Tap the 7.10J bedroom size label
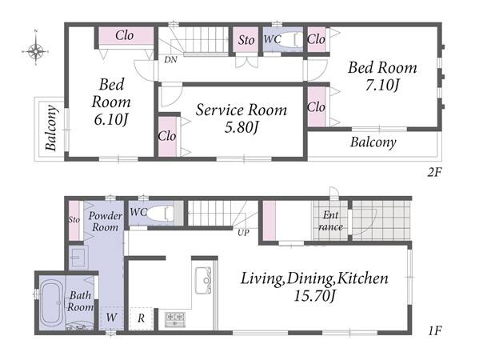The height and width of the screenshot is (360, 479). click(x=382, y=85)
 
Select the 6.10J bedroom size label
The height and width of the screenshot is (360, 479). click(x=110, y=119)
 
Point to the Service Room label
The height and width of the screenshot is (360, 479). click(x=241, y=110)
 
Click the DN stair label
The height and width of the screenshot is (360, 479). click(x=170, y=59)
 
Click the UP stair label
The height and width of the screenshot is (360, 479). click(x=243, y=233)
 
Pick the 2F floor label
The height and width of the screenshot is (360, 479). click(x=434, y=173)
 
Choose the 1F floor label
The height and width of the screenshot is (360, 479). click(x=435, y=330)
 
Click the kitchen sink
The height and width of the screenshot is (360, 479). click(x=203, y=281)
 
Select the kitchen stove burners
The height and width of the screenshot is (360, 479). click(x=175, y=319)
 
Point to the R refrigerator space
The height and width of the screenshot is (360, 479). click(x=141, y=318)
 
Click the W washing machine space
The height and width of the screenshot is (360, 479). click(x=111, y=318)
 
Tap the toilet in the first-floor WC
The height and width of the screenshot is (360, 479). click(x=159, y=212)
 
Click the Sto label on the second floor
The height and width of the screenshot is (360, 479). click(x=246, y=40)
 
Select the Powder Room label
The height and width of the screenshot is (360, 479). click(x=105, y=222)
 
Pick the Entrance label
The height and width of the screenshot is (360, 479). click(x=330, y=221)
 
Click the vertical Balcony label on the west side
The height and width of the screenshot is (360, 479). click(x=51, y=128)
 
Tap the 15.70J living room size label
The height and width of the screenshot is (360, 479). click(x=314, y=296)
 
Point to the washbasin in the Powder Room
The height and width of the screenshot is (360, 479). click(x=78, y=258)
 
